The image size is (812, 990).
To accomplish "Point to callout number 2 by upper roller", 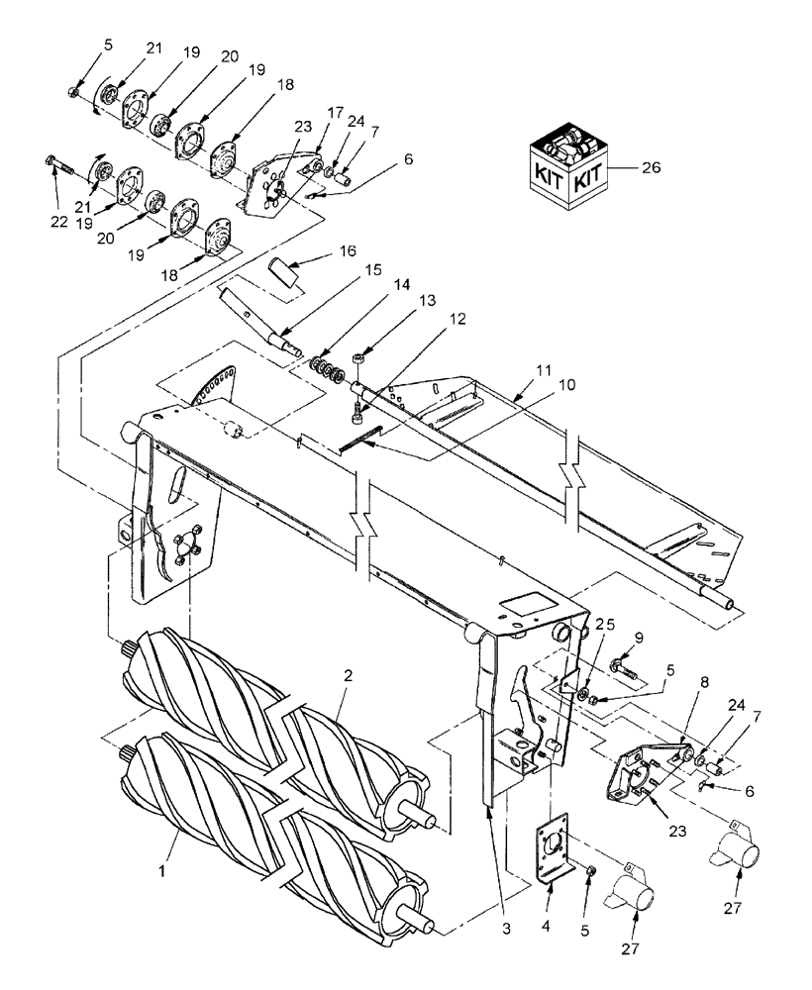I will point(349,675).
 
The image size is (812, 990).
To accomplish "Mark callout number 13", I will point(399,326).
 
